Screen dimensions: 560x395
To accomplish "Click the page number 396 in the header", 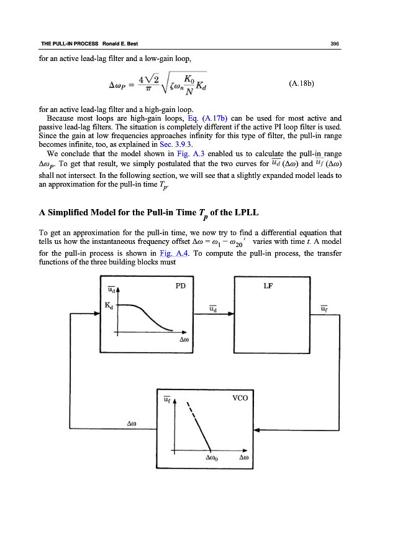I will [334, 44].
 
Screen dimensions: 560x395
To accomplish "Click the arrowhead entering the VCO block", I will [259, 429].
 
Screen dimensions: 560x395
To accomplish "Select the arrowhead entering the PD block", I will [97, 314].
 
